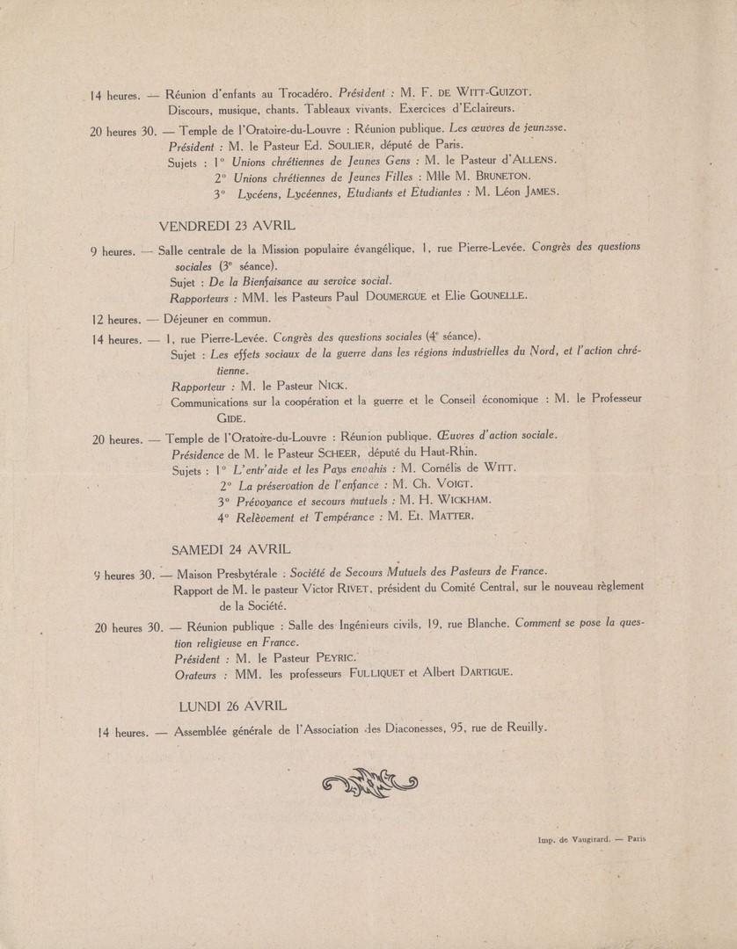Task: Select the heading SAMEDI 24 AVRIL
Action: click(230, 549)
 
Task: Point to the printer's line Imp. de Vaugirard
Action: click(591, 838)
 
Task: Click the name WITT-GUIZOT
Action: click(493, 92)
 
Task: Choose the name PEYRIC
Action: click(327, 656)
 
